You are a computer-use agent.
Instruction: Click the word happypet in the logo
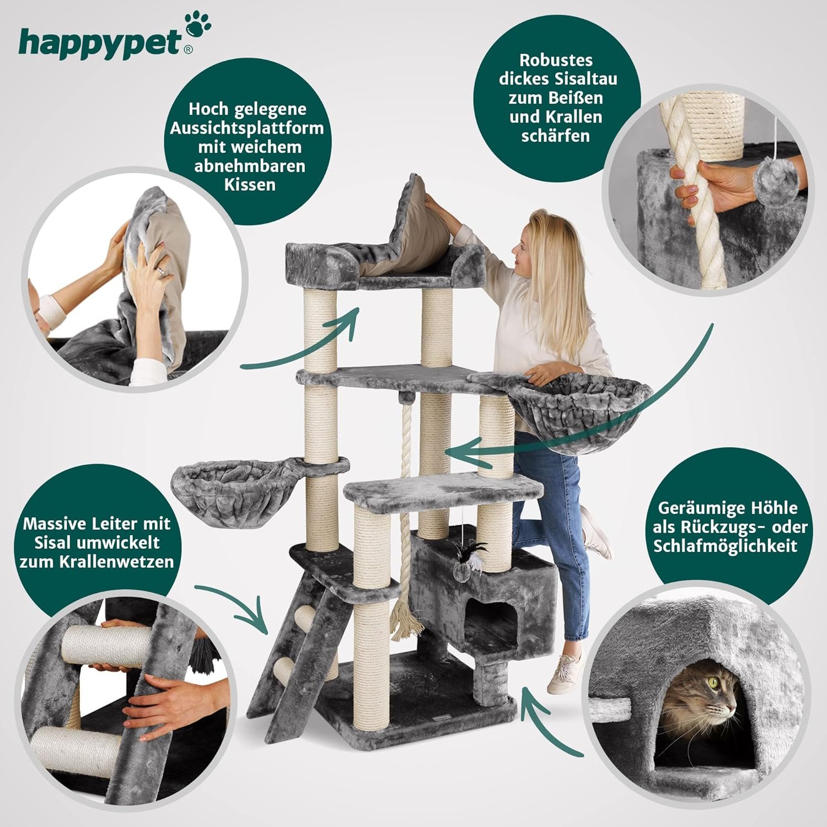point(100,43)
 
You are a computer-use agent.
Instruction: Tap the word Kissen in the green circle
point(249,184)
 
